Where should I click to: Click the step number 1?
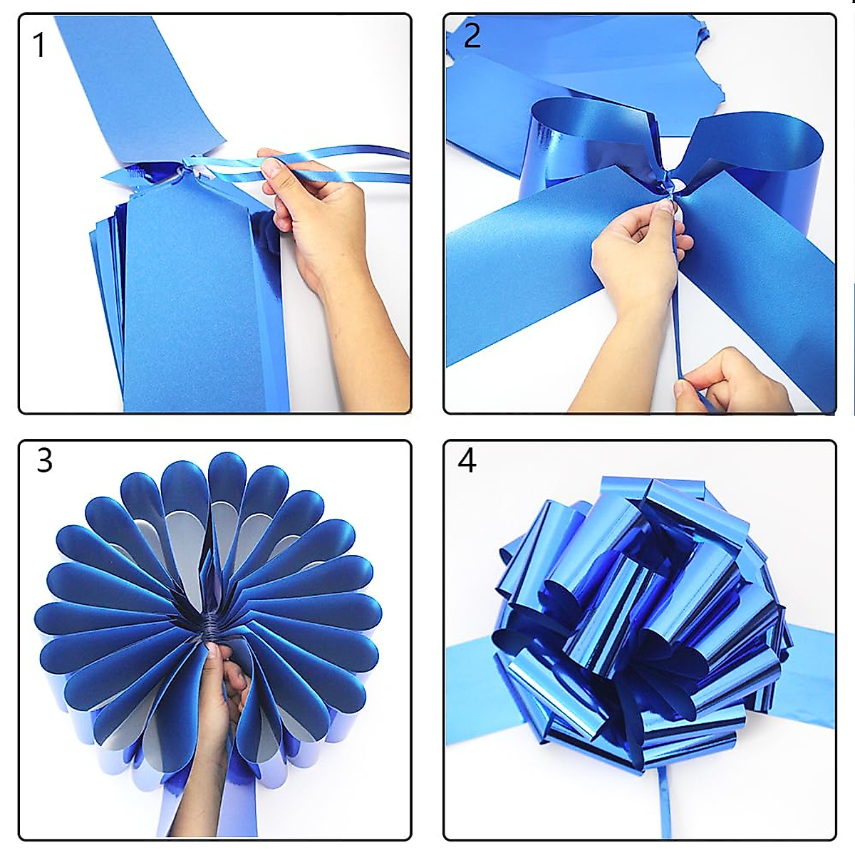pos(40,45)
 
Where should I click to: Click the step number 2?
pos(472,36)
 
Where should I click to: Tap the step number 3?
pos(44,461)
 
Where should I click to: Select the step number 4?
pos(467,461)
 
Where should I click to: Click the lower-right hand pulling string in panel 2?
pos(720,381)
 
